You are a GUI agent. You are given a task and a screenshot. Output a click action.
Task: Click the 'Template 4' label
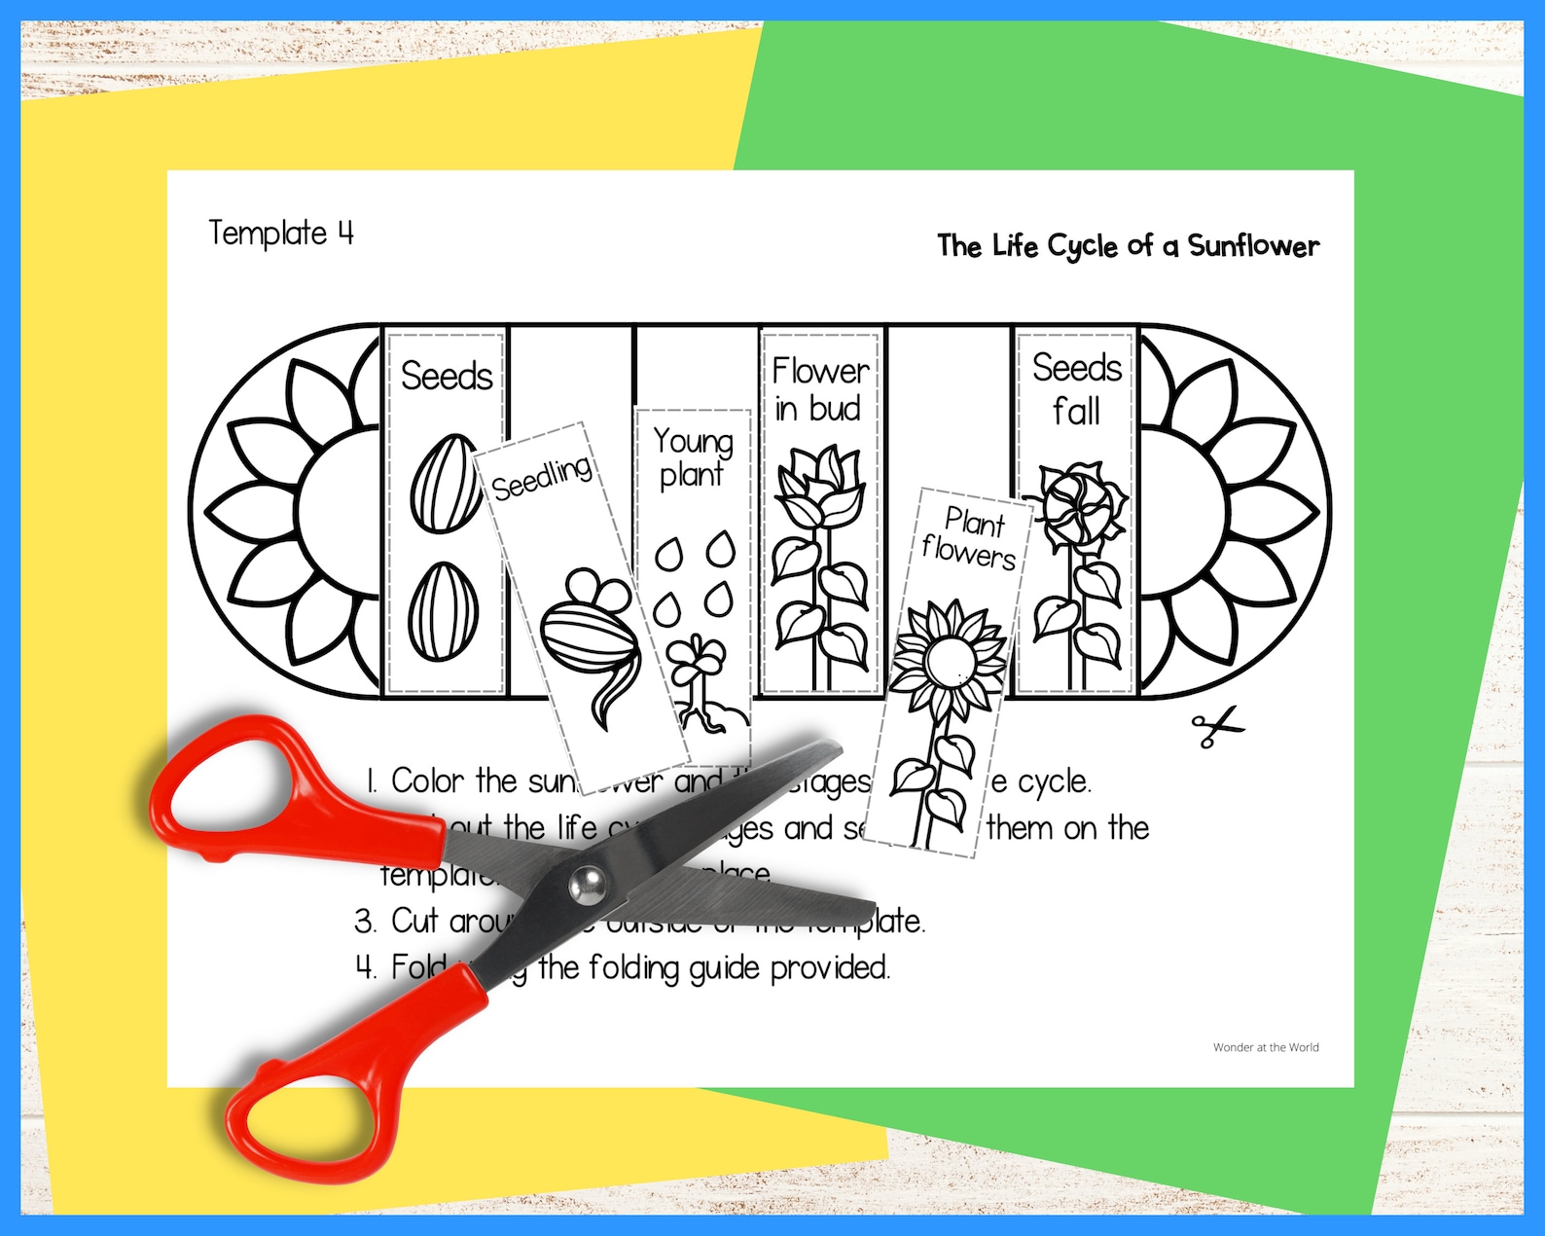[280, 234]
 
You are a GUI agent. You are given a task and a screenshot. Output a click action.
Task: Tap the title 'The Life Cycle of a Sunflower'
[1128, 246]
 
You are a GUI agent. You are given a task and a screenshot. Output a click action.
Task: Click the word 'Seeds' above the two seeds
[447, 376]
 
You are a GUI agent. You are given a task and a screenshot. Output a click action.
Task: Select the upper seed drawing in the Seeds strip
[446, 484]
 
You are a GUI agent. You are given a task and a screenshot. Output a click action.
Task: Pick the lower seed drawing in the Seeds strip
[443, 611]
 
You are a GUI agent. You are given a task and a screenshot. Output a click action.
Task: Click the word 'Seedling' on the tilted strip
[542, 477]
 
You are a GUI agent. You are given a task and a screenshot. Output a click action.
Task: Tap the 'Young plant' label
[693, 457]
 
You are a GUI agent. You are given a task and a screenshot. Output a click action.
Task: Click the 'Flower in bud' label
[819, 389]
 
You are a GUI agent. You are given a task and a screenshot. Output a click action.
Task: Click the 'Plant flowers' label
[970, 538]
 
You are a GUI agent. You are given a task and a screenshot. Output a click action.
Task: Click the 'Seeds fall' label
[1077, 389]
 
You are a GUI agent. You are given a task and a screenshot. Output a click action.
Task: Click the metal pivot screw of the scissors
[587, 885]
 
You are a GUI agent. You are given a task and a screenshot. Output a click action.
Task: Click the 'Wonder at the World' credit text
[1266, 1047]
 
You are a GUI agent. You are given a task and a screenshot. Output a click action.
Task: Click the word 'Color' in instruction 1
[427, 781]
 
